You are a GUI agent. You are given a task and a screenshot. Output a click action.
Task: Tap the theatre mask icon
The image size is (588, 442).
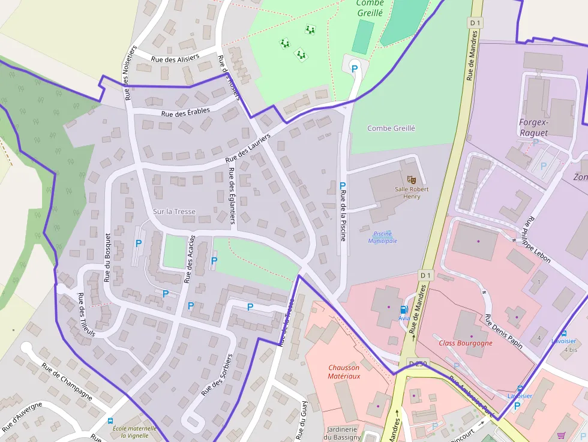[411, 179]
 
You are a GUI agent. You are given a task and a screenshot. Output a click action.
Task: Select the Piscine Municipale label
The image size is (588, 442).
[382, 237]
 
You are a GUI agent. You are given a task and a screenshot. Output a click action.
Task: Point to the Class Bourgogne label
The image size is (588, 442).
[466, 343]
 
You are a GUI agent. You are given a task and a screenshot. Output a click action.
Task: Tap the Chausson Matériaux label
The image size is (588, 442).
[344, 372]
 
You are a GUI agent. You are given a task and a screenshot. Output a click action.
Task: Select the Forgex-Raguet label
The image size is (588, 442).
[533, 127]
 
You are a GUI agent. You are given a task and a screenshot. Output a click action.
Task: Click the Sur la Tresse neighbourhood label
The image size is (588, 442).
[174, 212]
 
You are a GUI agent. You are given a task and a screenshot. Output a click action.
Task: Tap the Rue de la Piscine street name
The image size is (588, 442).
[343, 215]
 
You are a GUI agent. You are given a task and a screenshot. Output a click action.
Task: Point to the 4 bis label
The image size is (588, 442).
[569, 349]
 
